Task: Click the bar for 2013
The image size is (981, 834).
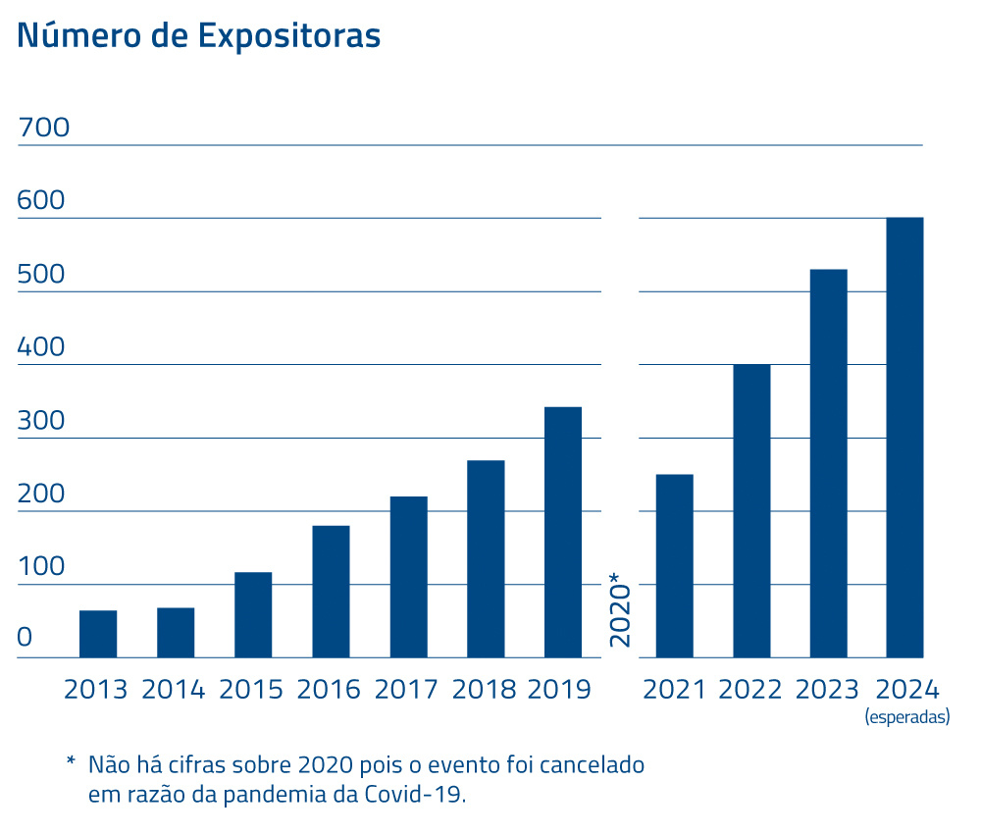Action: pyautogui.click(x=98, y=634)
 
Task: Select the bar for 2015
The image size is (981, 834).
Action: pyautogui.click(x=253, y=614)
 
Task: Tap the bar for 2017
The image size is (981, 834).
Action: pyautogui.click(x=408, y=577)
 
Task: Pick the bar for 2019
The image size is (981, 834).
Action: pyautogui.click(x=563, y=532)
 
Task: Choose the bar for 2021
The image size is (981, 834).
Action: pyautogui.click(x=674, y=565)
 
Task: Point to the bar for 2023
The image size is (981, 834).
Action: pyautogui.click(x=829, y=463)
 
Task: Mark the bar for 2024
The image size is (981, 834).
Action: pyautogui.click(x=904, y=438)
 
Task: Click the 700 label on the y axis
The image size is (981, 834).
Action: pyautogui.click(x=44, y=128)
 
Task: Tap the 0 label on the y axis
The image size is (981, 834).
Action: pyautogui.click(x=26, y=639)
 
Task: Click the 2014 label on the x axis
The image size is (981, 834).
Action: pyautogui.click(x=174, y=689)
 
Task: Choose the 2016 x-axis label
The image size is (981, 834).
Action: pyautogui.click(x=330, y=689)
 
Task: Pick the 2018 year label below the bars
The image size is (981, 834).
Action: pyautogui.click(x=485, y=689)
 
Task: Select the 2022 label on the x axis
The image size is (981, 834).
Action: pyautogui.click(x=750, y=689)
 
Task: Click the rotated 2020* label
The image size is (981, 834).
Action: pyautogui.click(x=620, y=608)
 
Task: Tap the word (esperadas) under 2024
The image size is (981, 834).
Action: pyautogui.click(x=907, y=717)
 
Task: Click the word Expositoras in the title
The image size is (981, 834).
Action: pyautogui.click(x=288, y=34)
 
